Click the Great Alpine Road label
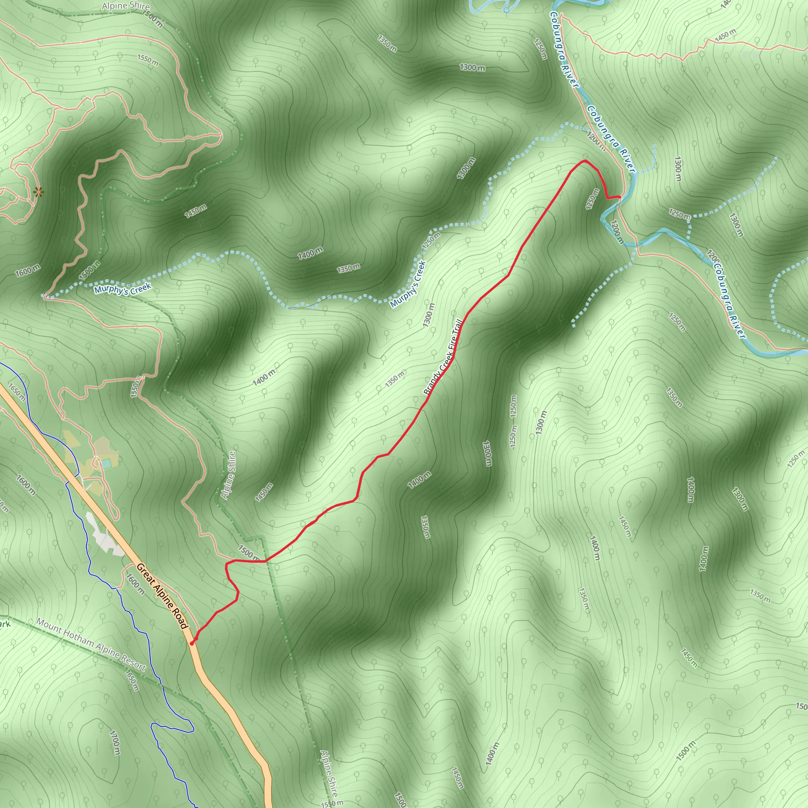tap(162, 596)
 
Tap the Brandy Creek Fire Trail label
tap(443, 357)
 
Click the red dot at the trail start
tap(191, 643)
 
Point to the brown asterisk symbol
tap(38, 192)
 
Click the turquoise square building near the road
tap(106, 464)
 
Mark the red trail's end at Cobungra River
tap(620, 197)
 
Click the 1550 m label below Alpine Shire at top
tap(148, 60)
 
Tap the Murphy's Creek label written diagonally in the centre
tap(408, 284)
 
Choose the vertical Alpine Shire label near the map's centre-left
tap(228, 475)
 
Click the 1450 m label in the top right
tap(725, 36)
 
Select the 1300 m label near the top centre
tap(472, 67)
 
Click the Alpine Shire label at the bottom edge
tap(329, 774)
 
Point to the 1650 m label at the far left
tap(17, 392)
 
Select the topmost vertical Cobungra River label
tap(563, 49)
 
